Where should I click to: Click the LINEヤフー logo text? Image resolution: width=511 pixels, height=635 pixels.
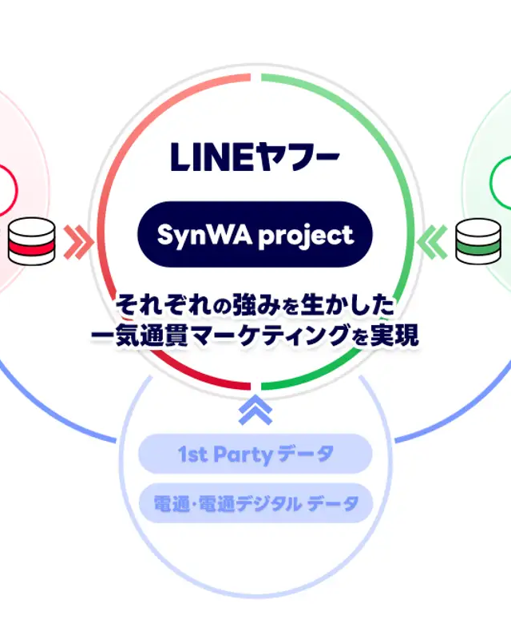click(x=255, y=157)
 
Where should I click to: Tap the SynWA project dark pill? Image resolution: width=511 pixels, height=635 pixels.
click(x=255, y=234)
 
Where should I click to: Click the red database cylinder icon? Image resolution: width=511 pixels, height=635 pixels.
click(x=33, y=241)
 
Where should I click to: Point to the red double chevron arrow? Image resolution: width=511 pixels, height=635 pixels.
click(x=77, y=241)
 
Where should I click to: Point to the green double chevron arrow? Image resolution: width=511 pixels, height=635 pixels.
click(x=433, y=241)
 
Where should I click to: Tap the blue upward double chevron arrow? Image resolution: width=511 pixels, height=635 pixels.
click(x=255, y=409)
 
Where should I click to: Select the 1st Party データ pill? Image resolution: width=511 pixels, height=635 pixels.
click(x=255, y=454)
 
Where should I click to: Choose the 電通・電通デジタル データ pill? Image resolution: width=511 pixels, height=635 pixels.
click(x=255, y=503)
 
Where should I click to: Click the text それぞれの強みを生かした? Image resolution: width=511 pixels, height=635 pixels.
click(x=255, y=305)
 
